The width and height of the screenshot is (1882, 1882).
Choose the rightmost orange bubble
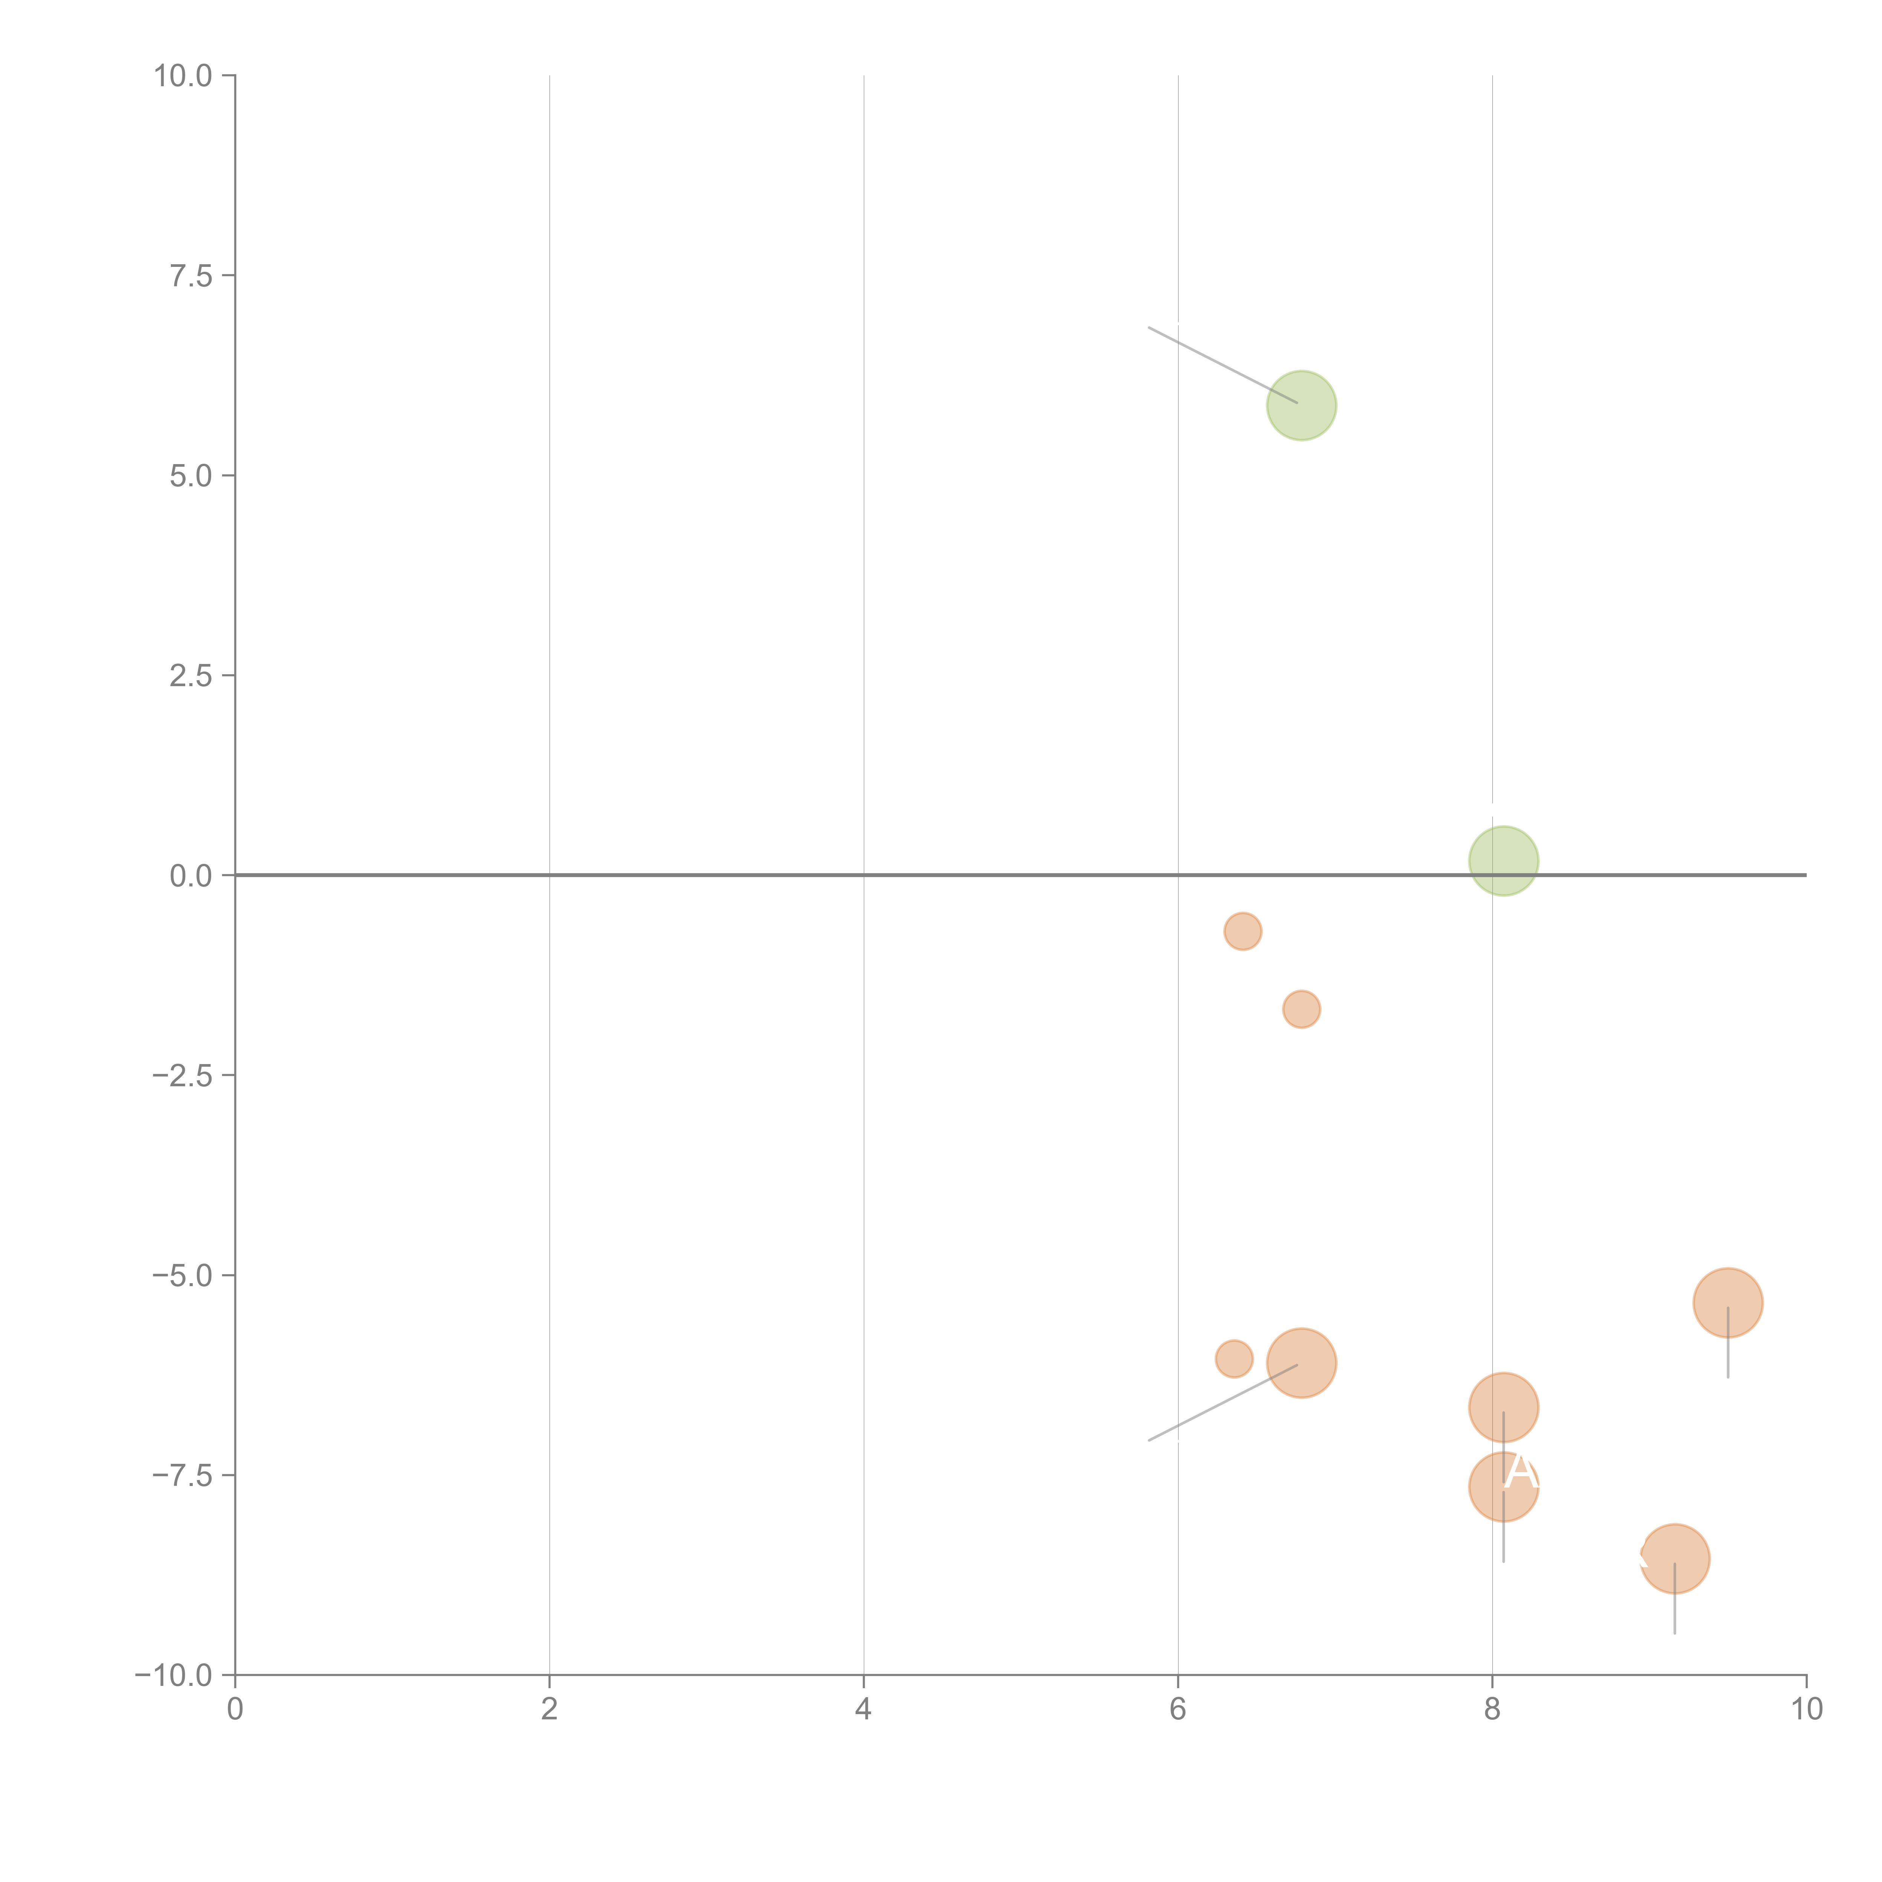(x=1727, y=1303)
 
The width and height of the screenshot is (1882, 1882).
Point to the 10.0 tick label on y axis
(x=183, y=76)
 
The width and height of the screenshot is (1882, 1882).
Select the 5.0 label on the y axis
(x=191, y=477)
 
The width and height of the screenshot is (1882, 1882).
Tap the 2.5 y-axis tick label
(x=191, y=676)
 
